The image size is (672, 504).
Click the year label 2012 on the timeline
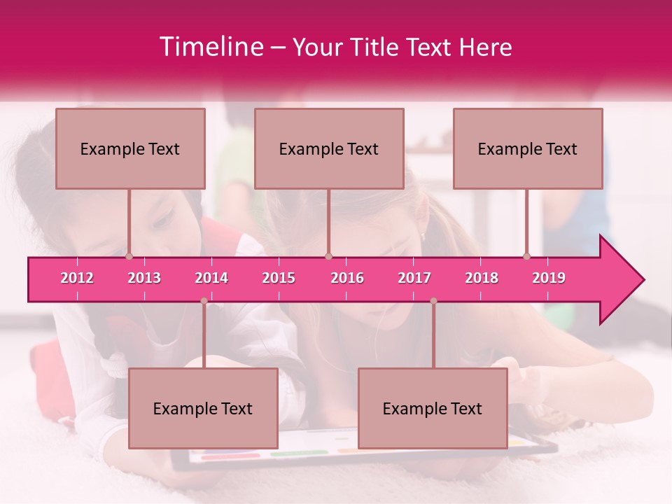(x=77, y=278)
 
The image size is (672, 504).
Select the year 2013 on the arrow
(x=144, y=278)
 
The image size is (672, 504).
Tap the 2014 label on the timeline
(x=211, y=278)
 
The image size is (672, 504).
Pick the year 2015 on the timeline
(x=279, y=278)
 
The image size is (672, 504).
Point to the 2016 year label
(x=347, y=278)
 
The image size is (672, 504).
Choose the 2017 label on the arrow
(x=414, y=278)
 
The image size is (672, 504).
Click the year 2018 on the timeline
(x=482, y=278)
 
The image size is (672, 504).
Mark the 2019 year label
(x=549, y=278)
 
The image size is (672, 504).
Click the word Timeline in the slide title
(x=210, y=47)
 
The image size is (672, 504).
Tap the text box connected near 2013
(x=130, y=148)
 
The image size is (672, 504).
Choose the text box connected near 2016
(x=329, y=148)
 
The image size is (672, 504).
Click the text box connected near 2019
(x=528, y=148)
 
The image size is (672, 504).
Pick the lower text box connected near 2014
(x=203, y=408)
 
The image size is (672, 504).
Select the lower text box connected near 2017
(x=433, y=408)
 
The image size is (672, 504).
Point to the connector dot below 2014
(x=204, y=301)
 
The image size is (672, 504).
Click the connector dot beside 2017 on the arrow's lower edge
(x=433, y=301)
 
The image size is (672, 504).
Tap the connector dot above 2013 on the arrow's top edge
(x=129, y=257)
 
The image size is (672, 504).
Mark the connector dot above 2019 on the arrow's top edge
(x=526, y=257)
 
